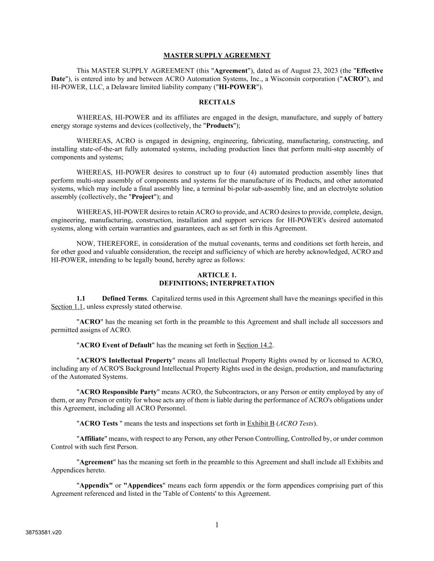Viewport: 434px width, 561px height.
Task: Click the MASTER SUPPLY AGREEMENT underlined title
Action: pos(217,55)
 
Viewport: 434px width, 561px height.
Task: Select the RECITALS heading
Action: pos(217,102)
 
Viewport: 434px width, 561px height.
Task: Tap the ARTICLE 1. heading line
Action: pos(217,275)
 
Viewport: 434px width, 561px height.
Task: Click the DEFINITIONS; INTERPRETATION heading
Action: pos(217,283)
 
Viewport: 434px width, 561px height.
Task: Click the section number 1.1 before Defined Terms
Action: pos(81,298)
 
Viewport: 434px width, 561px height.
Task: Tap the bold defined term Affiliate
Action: pos(92,439)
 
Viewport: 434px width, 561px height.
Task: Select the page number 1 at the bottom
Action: pos(217,525)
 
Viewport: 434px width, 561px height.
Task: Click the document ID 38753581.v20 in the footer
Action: pos(44,533)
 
